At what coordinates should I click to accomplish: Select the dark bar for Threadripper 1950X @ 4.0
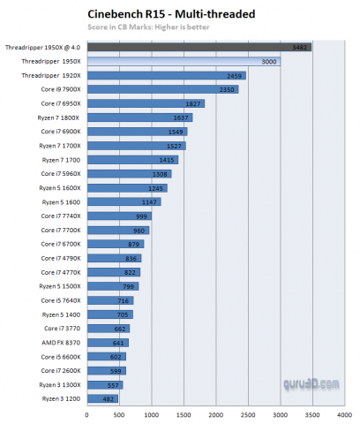pyautogui.click(x=199, y=46)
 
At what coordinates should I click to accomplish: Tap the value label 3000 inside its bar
pyautogui.click(x=268, y=61)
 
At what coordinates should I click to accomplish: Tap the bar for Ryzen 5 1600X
pyautogui.click(x=126, y=187)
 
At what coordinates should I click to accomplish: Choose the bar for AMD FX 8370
pyautogui.click(x=107, y=342)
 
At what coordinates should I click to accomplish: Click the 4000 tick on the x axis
pyautogui.click(x=343, y=413)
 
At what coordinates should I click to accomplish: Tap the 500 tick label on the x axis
pyautogui.click(x=119, y=413)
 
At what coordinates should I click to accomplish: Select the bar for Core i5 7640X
pyautogui.click(x=109, y=300)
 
